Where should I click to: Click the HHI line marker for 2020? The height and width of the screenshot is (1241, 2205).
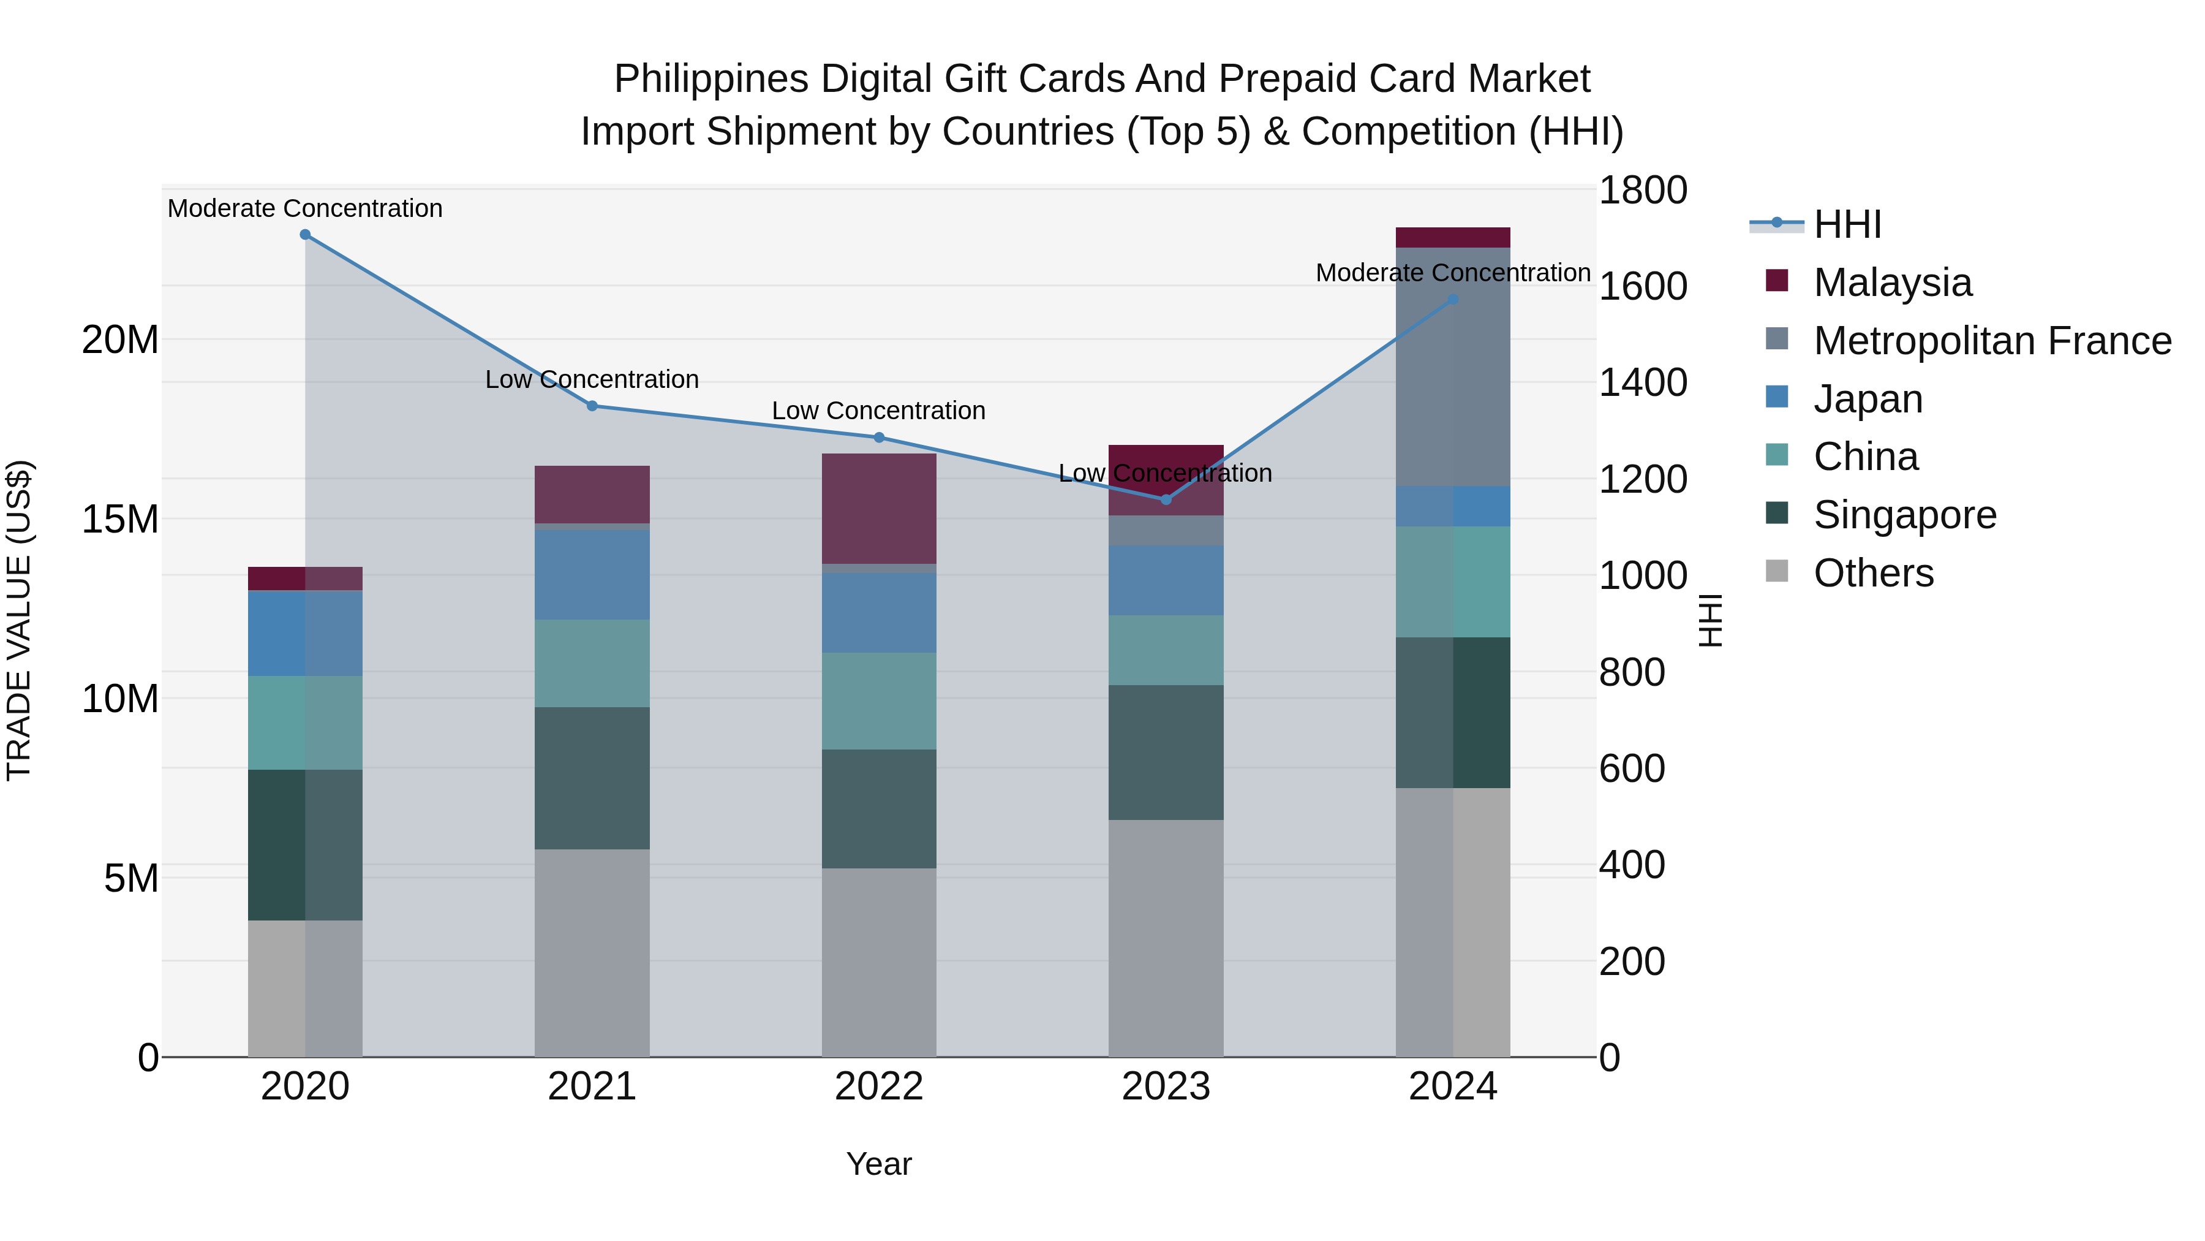(x=305, y=235)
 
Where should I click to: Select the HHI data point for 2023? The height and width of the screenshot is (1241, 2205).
(x=1165, y=499)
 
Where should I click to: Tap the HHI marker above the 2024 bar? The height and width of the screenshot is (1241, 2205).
(x=1453, y=300)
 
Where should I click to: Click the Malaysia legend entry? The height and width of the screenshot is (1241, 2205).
(x=1892, y=283)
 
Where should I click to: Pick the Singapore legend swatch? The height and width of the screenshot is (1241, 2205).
(x=1777, y=514)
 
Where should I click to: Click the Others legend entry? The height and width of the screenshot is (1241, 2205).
(x=1873, y=573)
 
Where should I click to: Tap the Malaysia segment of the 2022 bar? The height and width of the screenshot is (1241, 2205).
(x=878, y=509)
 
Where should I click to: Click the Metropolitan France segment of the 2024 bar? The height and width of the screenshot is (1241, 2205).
(x=1453, y=366)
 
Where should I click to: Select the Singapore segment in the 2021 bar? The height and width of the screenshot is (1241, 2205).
(x=592, y=778)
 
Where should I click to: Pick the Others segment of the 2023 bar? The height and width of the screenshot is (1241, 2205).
(x=1165, y=938)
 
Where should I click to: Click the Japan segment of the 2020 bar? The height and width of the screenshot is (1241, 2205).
(x=305, y=634)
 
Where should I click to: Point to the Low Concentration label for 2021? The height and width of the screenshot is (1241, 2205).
(x=592, y=379)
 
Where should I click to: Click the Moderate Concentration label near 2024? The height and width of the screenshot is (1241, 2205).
(x=1453, y=273)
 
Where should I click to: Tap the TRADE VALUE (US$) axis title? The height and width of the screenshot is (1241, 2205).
(x=19, y=620)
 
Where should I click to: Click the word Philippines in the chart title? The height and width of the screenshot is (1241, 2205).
(x=710, y=80)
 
